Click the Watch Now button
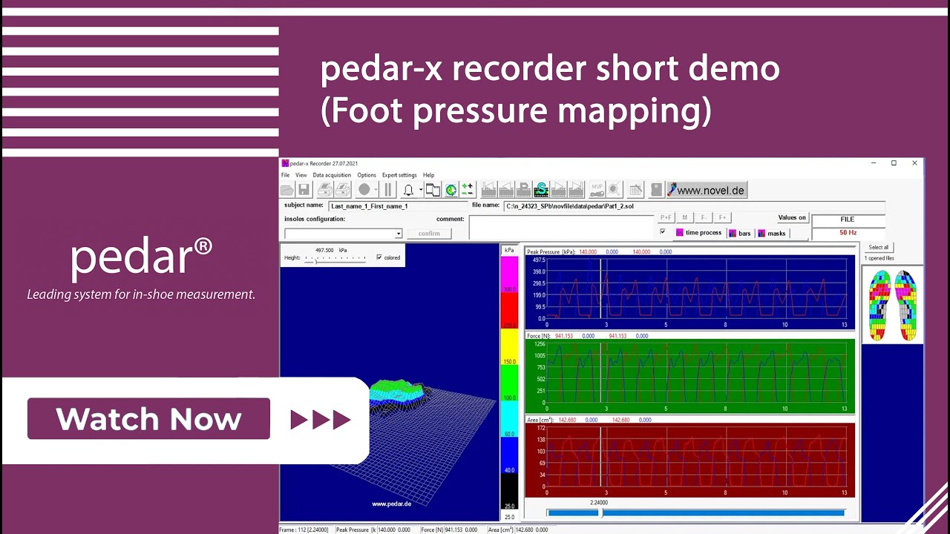pos(148,419)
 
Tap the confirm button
pos(429,233)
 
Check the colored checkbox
pos(379,257)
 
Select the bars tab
pos(740,233)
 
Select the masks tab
pos(772,233)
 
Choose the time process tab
pos(698,233)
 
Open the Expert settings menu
pos(399,175)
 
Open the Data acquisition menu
pos(332,175)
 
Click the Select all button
pos(878,247)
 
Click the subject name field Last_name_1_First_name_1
pos(397,205)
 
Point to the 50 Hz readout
pos(848,233)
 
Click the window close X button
pos(914,163)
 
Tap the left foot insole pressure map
pos(879,305)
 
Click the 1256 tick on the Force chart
pos(539,344)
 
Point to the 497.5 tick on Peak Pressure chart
pos(538,260)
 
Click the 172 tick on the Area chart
pos(540,429)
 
